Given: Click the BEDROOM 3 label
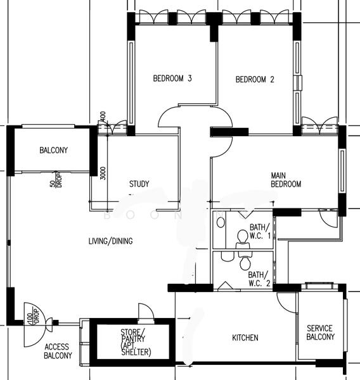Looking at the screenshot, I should point(172,79).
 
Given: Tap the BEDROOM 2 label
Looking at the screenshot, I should point(255,79).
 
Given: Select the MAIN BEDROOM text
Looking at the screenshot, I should point(286,180).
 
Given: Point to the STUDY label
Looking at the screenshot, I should point(139,184).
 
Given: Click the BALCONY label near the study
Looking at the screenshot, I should point(53,150).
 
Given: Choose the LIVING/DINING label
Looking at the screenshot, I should point(111,241).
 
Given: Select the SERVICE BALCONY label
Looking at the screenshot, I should point(320,332).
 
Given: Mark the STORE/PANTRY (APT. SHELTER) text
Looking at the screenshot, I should point(132,343).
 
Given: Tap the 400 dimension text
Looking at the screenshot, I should point(102,117).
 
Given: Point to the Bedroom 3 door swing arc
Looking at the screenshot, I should point(170,117).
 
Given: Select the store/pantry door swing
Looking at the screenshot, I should point(146,312).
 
